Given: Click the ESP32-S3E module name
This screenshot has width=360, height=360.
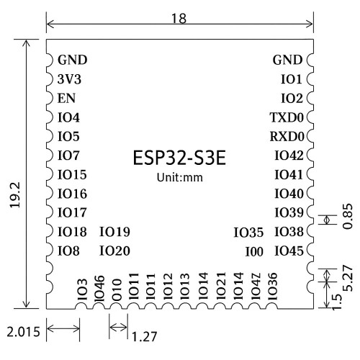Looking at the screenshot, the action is [x=179, y=158].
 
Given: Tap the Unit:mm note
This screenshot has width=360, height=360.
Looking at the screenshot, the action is [x=180, y=178].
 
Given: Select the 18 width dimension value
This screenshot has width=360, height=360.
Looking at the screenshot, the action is [x=179, y=18].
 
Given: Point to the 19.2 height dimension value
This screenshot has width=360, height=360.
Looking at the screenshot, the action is [x=14, y=194].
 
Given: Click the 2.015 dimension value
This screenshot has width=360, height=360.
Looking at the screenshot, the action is [x=23, y=332].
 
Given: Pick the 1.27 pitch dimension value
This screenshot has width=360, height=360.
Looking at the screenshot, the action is [x=145, y=336].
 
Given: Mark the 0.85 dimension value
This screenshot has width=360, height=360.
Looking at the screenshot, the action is [x=348, y=216].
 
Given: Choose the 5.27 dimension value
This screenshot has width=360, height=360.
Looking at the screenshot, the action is [x=348, y=278].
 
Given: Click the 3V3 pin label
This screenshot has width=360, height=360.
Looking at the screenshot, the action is [x=69, y=79].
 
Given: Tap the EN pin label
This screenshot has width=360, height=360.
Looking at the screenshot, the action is [x=66, y=98].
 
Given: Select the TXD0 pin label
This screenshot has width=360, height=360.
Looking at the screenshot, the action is [x=287, y=117].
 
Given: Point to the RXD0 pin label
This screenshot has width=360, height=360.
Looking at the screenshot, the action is [x=287, y=137].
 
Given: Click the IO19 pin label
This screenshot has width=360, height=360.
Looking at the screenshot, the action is [x=114, y=232].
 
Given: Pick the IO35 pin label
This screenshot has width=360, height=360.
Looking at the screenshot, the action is [x=248, y=233].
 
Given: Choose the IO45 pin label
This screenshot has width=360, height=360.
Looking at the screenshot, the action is [x=289, y=251].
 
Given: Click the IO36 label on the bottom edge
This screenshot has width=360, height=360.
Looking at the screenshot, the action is [x=272, y=287].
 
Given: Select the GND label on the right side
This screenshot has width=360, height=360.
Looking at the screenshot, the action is [x=287, y=60].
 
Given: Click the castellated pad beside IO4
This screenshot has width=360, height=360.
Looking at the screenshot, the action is [x=50, y=117].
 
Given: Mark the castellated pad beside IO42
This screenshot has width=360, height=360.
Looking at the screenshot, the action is [x=310, y=156].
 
